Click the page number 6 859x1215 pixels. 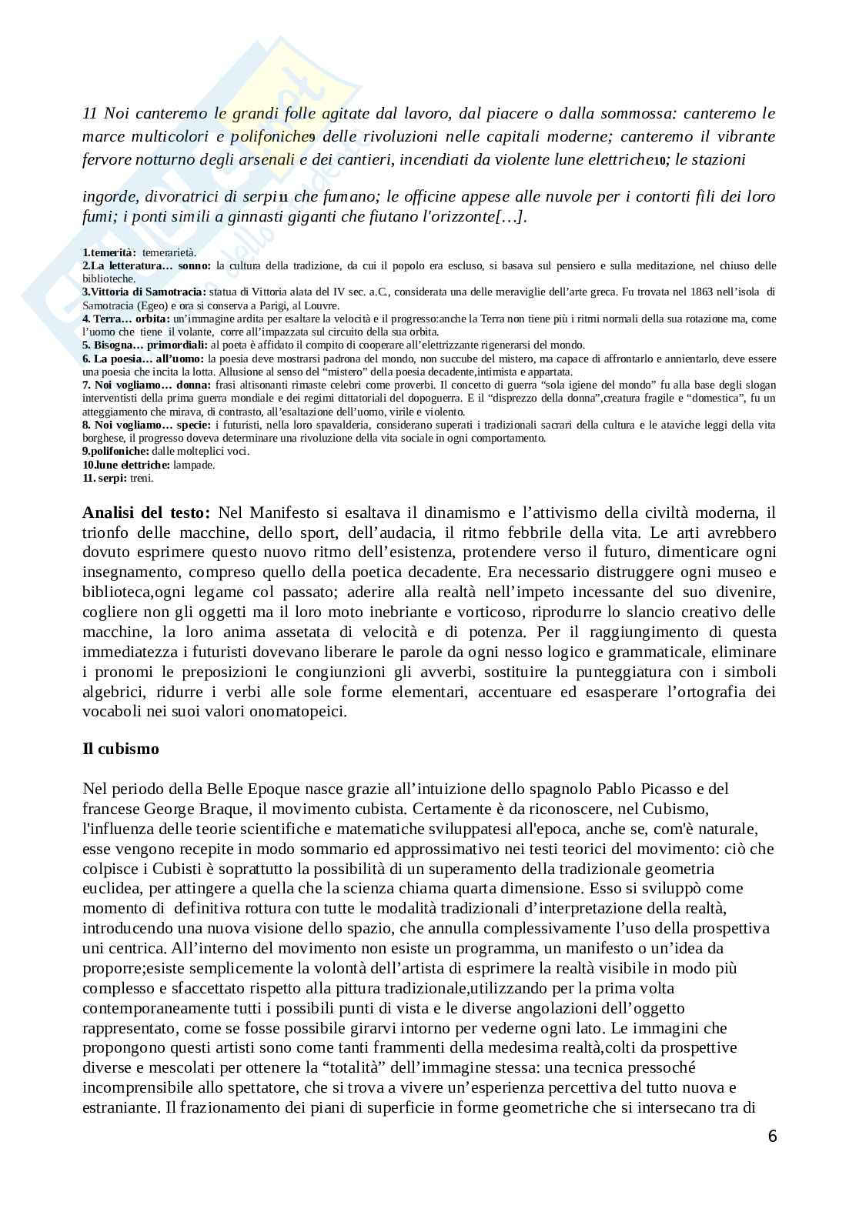click(x=772, y=1137)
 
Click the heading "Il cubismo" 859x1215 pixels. click(x=121, y=749)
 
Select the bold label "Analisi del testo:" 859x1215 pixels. click(x=145, y=512)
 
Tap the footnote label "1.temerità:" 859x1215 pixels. click(x=109, y=252)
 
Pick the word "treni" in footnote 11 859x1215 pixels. click(x=142, y=478)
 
